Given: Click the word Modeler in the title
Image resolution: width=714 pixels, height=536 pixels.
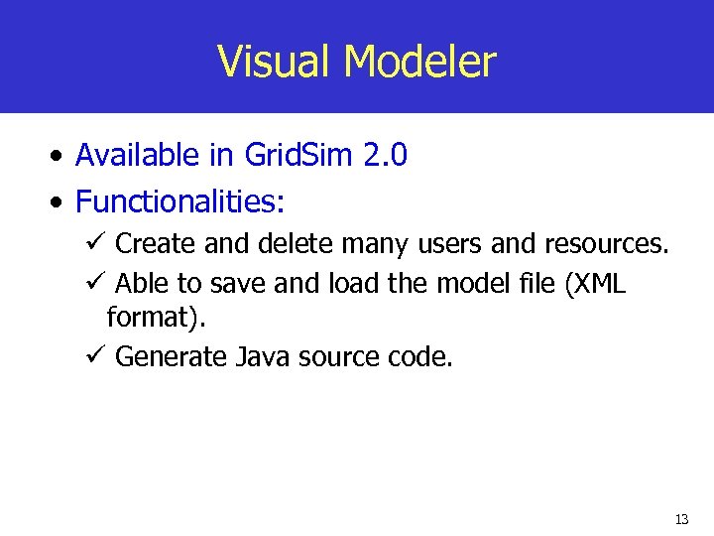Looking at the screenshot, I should pyautogui.click(x=419, y=62).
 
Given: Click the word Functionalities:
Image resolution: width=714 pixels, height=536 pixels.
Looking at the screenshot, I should pyautogui.click(x=180, y=201).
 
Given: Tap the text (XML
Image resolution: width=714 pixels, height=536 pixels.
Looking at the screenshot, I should pyautogui.click(x=594, y=284).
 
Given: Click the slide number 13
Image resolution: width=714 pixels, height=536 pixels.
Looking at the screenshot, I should pyautogui.click(x=681, y=519).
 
